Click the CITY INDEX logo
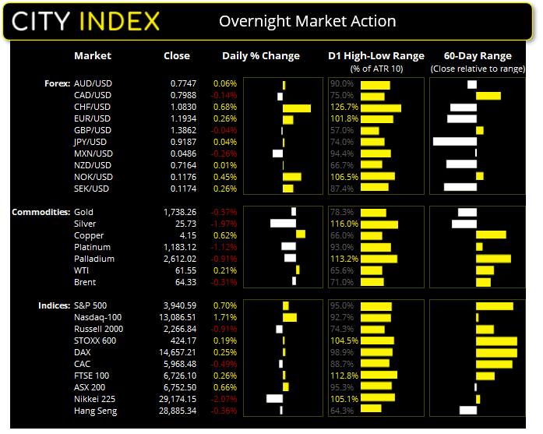[x=86, y=20]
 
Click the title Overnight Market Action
[x=307, y=21]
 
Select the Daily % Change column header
[x=261, y=56]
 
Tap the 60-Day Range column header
[x=477, y=56]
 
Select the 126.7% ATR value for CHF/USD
[x=343, y=107]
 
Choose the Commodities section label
[x=40, y=212]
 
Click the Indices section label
[x=53, y=305]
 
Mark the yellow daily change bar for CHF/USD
[x=297, y=108]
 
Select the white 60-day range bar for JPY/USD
[x=454, y=142]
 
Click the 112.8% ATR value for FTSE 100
[x=343, y=376]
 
